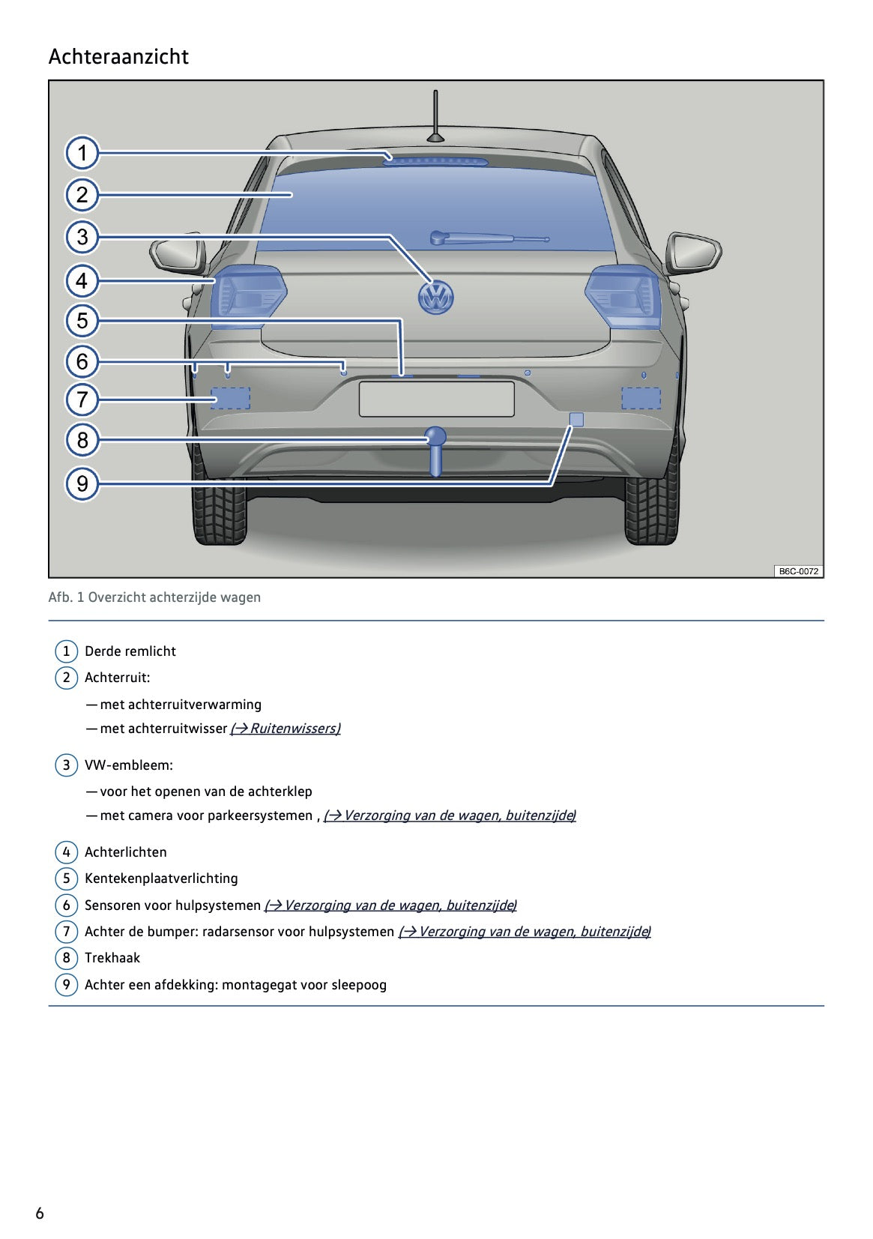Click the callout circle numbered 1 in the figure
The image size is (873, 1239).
click(82, 154)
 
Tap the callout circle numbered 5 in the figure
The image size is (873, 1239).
click(82, 321)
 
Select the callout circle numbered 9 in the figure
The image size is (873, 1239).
click(82, 483)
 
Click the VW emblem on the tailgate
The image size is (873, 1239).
click(435, 297)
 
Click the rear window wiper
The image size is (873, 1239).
click(487, 238)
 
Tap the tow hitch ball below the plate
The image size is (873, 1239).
click(435, 437)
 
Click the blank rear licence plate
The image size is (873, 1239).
click(436, 399)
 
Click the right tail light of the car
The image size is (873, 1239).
click(623, 295)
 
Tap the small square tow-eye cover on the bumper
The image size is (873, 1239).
click(576, 419)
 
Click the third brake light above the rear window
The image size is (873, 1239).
click(435, 159)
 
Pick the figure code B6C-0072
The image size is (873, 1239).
click(798, 571)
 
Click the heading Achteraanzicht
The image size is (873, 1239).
click(118, 57)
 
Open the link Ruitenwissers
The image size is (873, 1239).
click(286, 729)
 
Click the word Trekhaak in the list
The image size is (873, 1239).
click(112, 958)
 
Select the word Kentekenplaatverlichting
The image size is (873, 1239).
click(161, 878)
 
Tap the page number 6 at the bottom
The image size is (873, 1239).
click(40, 1213)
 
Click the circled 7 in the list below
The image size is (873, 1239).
click(66, 932)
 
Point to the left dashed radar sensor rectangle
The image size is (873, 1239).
click(230, 398)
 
